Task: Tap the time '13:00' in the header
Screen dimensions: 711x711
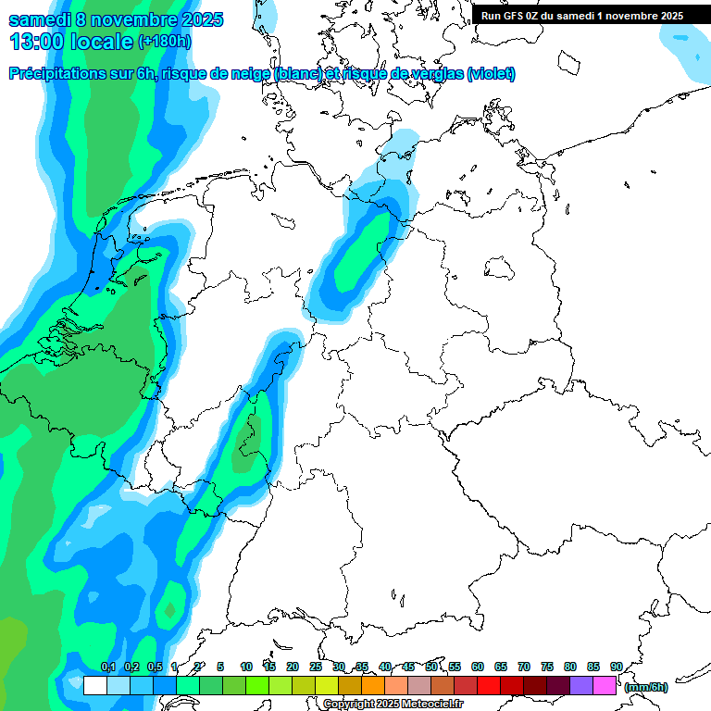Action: tap(36, 42)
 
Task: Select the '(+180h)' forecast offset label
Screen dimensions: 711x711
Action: tap(165, 42)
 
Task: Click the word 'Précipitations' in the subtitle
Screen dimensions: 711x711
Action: tap(57, 74)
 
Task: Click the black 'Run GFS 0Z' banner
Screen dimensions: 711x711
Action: tap(582, 15)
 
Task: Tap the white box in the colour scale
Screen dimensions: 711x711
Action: tap(94, 686)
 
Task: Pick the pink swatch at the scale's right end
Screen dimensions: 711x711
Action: tap(605, 686)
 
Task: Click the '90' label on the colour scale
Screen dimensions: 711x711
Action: tap(616, 667)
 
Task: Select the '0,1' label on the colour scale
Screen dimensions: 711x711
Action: tap(107, 667)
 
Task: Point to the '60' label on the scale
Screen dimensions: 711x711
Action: tap(478, 667)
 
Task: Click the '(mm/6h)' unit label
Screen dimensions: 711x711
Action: tap(645, 687)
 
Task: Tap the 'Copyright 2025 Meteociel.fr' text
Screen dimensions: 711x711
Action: tap(393, 704)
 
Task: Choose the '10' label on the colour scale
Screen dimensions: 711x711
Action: tap(246, 667)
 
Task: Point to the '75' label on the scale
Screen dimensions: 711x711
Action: tap(547, 667)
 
